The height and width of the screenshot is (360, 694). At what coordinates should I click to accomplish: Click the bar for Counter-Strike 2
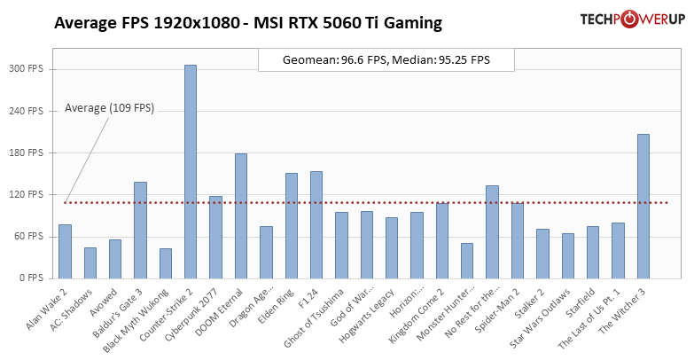(x=191, y=171)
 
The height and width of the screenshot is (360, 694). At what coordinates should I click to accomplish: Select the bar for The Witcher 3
(x=643, y=206)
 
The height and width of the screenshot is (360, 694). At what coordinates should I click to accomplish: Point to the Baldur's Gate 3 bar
(x=140, y=230)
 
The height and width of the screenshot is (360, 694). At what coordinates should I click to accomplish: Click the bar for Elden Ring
(x=292, y=225)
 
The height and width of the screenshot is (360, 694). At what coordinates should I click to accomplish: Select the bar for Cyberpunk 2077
(x=215, y=237)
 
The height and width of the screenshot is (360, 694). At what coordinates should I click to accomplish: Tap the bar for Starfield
(x=593, y=252)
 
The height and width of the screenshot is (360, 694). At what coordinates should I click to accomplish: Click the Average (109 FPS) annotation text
(x=109, y=108)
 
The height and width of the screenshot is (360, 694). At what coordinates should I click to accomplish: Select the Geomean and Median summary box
(x=386, y=60)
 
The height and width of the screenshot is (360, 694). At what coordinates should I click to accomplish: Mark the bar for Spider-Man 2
(x=518, y=240)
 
